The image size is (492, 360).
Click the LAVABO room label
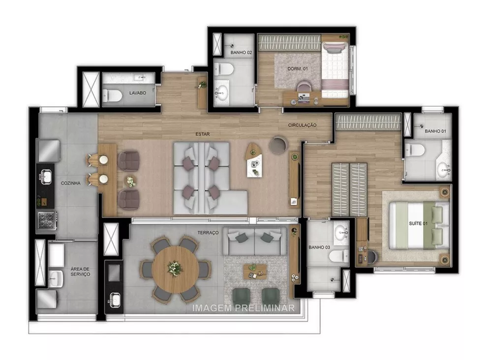click(x=138, y=92)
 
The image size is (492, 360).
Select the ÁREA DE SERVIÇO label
click(x=80, y=270)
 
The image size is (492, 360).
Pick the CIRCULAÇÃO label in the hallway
click(x=302, y=125)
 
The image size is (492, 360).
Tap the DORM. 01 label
click(x=298, y=69)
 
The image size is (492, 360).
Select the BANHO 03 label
click(x=319, y=247)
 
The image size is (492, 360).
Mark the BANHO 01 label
click(x=435, y=131)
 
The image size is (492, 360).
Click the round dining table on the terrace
click(x=175, y=269)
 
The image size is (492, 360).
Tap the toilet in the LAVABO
click(x=112, y=95)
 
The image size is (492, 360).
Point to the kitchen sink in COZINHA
click(x=45, y=175)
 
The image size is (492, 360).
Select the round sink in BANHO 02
click(x=222, y=91)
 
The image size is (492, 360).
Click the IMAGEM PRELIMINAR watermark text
click(x=244, y=308)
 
